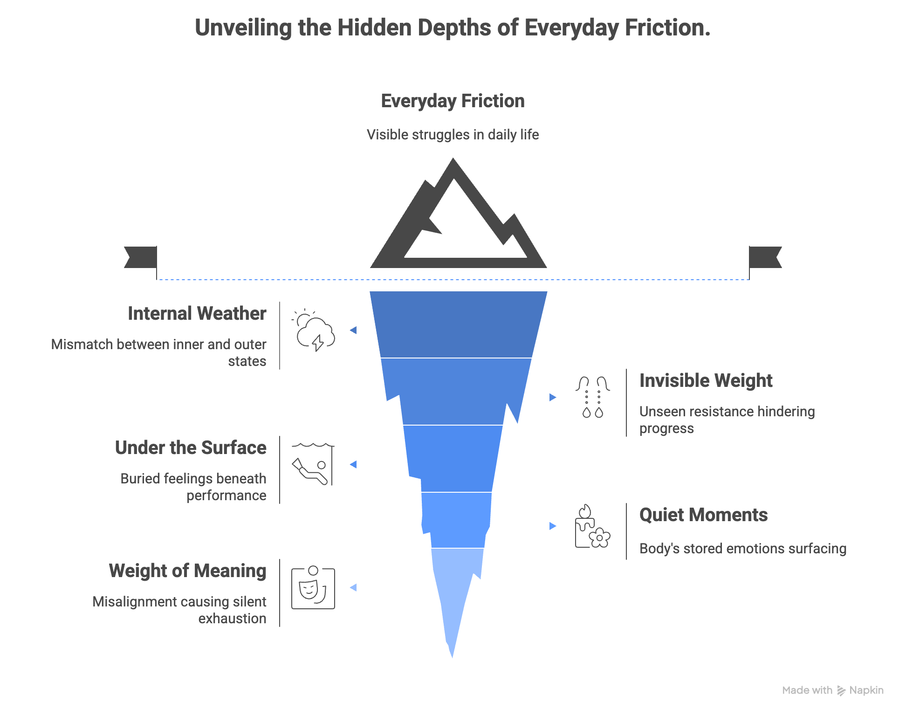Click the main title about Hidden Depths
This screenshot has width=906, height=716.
pyautogui.click(x=453, y=28)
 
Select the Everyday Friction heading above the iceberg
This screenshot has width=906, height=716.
pyautogui.click(x=453, y=101)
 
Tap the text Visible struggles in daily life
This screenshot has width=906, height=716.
pyautogui.click(x=453, y=135)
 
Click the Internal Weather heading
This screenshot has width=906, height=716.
pyautogui.click(x=197, y=314)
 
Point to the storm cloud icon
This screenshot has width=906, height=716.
pyautogui.click(x=314, y=330)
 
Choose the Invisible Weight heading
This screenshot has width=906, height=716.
pyautogui.click(x=706, y=381)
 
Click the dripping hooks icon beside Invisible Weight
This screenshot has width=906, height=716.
pyautogui.click(x=592, y=397)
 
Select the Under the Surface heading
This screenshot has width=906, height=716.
pyautogui.click(x=191, y=448)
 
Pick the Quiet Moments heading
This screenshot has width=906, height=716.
pyautogui.click(x=703, y=515)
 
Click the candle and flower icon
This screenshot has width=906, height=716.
pyautogui.click(x=592, y=527)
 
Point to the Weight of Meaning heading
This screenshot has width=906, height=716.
pyautogui.click(x=187, y=571)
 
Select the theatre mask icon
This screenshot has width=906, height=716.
pyautogui.click(x=313, y=588)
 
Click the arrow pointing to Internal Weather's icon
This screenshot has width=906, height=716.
pyautogui.click(x=353, y=330)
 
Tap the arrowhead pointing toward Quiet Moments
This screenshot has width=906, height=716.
pyautogui.click(x=553, y=526)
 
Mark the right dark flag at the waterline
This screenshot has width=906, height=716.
pyautogui.click(x=765, y=257)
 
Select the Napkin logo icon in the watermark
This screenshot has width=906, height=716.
pyautogui.click(x=841, y=690)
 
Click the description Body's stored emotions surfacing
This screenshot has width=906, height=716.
pyautogui.click(x=743, y=549)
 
